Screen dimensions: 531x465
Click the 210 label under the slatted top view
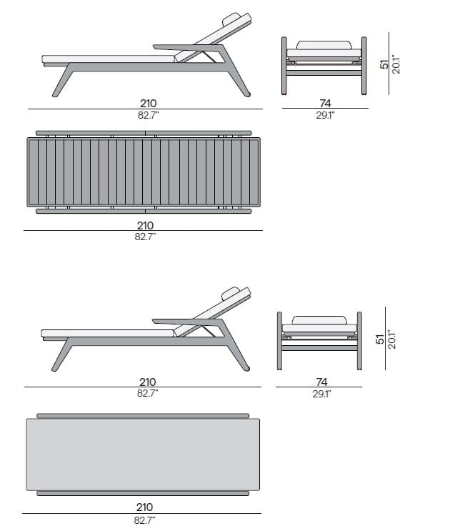pyautogui.click(x=144, y=225)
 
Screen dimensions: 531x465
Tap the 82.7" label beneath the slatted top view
pyautogui.click(x=144, y=236)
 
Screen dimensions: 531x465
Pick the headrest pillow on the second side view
pyautogui.click(x=230, y=293)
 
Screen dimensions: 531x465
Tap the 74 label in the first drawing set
pyautogui.click(x=324, y=103)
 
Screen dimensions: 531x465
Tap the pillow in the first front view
pyautogui.click(x=324, y=46)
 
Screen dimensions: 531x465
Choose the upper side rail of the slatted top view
pyautogui.click(x=143, y=134)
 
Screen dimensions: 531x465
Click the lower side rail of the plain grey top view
pyautogui.click(x=143, y=492)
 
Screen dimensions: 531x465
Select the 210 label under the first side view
pyautogui.click(x=149, y=103)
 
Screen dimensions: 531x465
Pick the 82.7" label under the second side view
pyautogui.click(x=147, y=393)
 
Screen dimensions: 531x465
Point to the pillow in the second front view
pyautogui.click(x=320, y=319)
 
